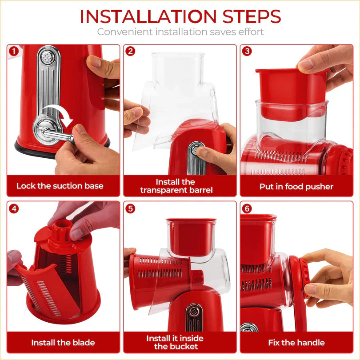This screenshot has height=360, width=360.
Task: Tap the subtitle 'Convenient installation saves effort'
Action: click(x=180, y=32)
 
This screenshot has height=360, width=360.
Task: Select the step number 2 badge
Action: click(x=130, y=51)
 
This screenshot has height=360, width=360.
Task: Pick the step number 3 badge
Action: click(x=247, y=51)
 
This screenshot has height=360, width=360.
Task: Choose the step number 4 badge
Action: click(x=14, y=208)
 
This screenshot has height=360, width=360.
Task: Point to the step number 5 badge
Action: click(x=130, y=208)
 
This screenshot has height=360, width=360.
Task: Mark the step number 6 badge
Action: click(x=247, y=208)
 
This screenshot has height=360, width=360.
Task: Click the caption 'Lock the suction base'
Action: click(x=60, y=186)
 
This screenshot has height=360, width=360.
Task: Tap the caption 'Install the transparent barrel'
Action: click(x=176, y=186)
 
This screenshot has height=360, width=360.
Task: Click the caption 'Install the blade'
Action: click(x=63, y=343)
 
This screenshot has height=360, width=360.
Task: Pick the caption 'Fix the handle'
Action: click(x=296, y=343)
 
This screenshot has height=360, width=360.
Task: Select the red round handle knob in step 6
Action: click(x=297, y=276)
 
